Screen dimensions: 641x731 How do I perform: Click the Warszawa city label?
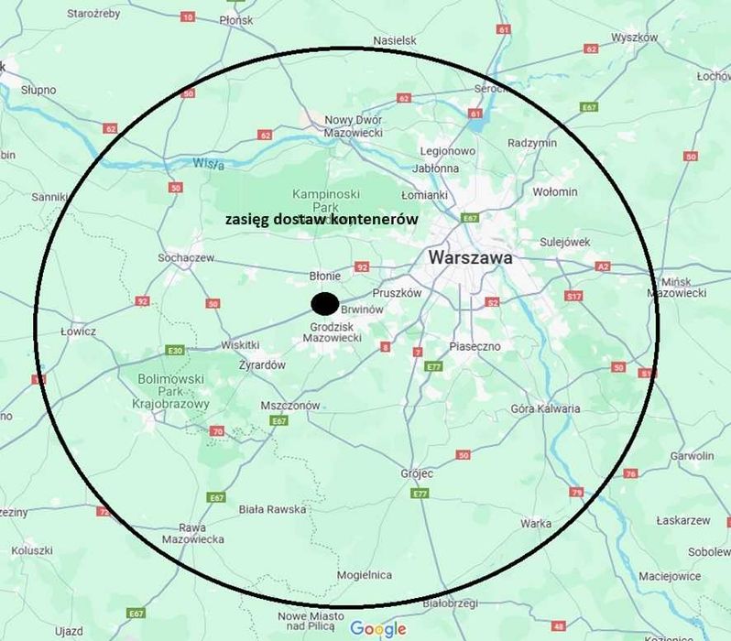(x=470, y=258)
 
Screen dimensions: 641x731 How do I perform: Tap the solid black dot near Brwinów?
(x=324, y=303)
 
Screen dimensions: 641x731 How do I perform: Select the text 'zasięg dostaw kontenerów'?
(x=322, y=220)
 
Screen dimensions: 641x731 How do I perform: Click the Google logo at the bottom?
(x=377, y=628)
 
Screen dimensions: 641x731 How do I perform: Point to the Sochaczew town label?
(x=185, y=257)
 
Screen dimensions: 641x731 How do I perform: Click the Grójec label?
(x=417, y=473)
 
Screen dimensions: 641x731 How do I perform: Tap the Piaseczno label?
(x=475, y=346)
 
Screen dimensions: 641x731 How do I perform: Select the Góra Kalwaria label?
(x=545, y=408)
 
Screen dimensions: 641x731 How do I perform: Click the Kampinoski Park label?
(x=326, y=200)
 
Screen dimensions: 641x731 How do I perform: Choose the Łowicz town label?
(x=78, y=331)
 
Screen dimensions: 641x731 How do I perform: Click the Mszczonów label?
(x=290, y=405)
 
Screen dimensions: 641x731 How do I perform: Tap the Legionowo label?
(x=447, y=151)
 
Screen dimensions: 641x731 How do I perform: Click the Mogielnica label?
(x=364, y=575)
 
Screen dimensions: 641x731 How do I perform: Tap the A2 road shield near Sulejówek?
(x=602, y=266)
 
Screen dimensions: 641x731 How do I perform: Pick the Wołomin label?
(x=555, y=191)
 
